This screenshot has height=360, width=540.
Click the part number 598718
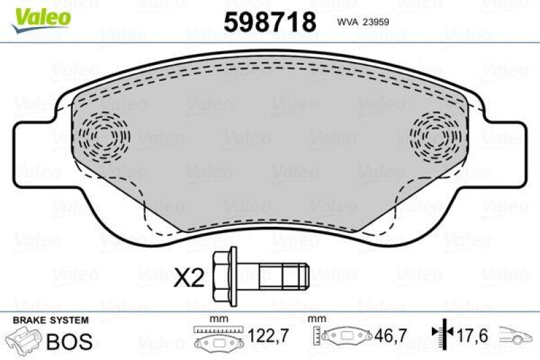coord(269,22)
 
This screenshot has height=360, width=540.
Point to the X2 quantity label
coord(189,277)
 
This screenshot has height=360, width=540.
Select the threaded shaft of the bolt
coord(283,276)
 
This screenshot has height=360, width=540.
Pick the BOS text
coord(69,340)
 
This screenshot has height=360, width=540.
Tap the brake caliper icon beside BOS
coord(23,340)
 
